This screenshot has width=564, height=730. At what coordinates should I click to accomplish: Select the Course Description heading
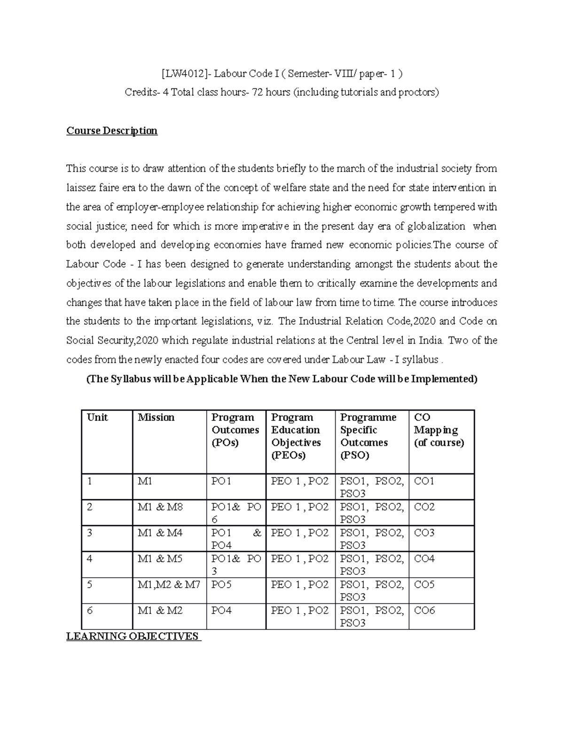pyautogui.click(x=112, y=131)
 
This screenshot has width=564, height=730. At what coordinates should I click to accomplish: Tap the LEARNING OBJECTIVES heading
pyautogui.click(x=133, y=636)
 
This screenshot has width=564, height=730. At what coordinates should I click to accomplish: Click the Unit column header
pyautogui.click(x=97, y=417)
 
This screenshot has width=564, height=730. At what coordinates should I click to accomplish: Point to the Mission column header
pyautogui.click(x=156, y=417)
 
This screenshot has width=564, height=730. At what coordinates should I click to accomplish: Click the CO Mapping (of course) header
pyautogui.click(x=439, y=430)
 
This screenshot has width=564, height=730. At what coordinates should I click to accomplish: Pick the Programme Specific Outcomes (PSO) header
pyautogui.click(x=368, y=436)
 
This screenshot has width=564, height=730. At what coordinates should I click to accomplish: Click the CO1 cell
pyautogui.click(x=424, y=481)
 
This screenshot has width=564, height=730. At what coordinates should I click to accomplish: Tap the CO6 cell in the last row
pyautogui.click(x=424, y=611)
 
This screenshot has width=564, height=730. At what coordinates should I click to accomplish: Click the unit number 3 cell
pyautogui.click(x=90, y=533)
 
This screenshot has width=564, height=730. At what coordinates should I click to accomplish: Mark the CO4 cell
pyautogui.click(x=424, y=559)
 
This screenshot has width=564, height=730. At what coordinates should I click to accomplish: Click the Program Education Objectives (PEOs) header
pyautogui.click(x=296, y=436)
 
